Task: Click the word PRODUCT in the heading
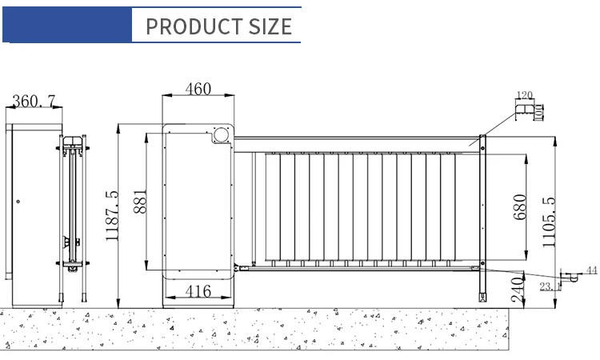(194, 26)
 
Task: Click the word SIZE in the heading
(270, 26)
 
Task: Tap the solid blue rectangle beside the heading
(67, 25)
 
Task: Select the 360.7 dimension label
(34, 102)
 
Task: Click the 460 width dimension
(198, 89)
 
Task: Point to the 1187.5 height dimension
(112, 216)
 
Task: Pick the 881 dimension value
(140, 202)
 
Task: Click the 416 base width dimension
(198, 291)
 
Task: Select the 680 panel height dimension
(520, 207)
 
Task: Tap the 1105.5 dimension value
(549, 222)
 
